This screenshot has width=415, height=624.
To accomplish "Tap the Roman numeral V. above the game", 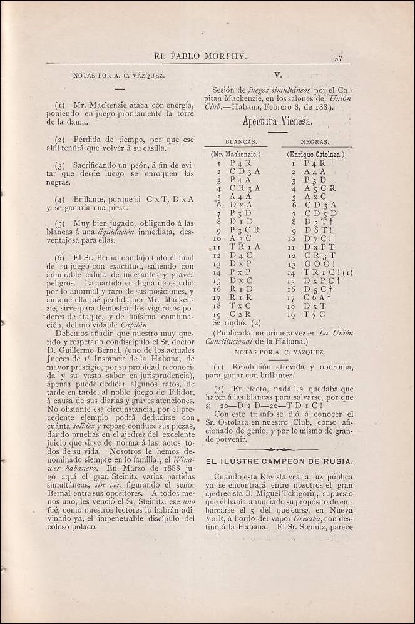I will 278,74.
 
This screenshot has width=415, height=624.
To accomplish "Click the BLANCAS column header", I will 238,142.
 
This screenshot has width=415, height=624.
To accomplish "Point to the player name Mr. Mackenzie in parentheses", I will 236,154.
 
